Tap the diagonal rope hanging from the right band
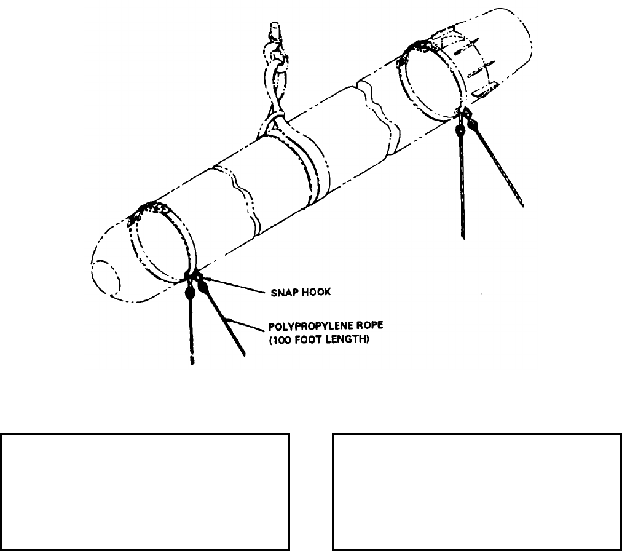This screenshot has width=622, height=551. (498, 166)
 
